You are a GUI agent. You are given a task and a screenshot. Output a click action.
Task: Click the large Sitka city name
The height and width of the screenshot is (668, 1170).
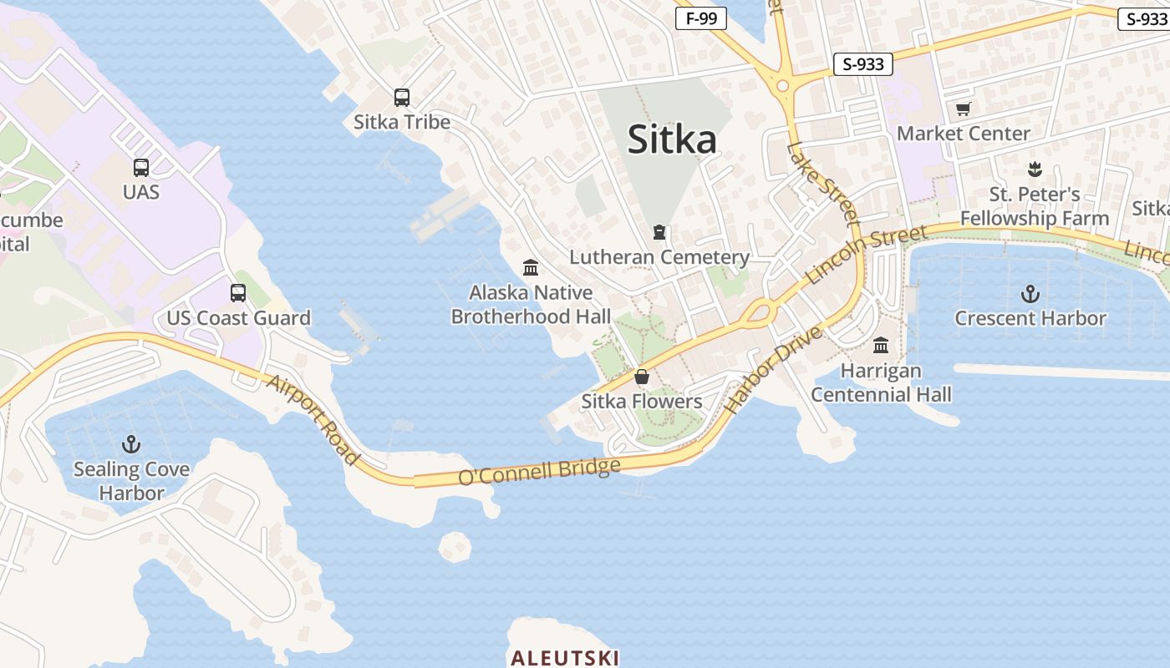click(x=672, y=139)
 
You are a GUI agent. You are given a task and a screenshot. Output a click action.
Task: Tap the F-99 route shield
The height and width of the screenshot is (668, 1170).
click(x=700, y=18)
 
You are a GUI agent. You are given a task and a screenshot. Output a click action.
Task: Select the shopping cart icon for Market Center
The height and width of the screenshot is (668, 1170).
click(x=964, y=109)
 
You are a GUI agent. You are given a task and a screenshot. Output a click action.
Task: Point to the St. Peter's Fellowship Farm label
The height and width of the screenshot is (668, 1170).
click(x=1034, y=206)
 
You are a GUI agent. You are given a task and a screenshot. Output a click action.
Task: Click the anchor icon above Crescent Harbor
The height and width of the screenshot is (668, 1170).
click(x=1030, y=294)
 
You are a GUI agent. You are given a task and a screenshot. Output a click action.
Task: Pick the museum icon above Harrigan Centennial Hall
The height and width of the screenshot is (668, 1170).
click(x=881, y=345)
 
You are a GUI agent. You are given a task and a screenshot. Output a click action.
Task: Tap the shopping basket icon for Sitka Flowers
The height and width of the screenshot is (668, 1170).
click(x=642, y=377)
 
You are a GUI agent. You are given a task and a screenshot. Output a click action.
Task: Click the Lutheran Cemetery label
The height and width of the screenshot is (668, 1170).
click(x=659, y=257)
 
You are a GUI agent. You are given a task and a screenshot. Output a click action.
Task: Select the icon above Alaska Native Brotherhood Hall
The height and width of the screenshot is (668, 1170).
click(x=531, y=268)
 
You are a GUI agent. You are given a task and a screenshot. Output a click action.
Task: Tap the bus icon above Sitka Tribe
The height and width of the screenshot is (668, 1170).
click(x=402, y=98)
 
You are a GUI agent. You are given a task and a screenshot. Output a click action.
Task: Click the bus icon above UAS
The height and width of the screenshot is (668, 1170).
click(x=141, y=168)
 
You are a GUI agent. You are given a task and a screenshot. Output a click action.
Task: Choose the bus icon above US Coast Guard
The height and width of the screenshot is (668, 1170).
click(x=238, y=293)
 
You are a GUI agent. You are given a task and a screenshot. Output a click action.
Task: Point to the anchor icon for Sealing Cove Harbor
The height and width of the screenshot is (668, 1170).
click(x=131, y=443)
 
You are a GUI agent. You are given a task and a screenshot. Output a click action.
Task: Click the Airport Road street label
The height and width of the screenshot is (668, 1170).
click(x=313, y=419)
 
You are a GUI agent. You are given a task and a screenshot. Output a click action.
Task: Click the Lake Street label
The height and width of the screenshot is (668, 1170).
click(x=822, y=185)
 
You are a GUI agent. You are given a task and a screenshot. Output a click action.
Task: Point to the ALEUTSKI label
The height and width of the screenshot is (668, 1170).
click(x=565, y=658)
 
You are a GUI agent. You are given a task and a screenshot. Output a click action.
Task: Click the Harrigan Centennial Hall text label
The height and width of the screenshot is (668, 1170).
click(x=881, y=382)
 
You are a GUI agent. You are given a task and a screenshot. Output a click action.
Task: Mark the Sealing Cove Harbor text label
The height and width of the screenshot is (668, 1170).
click(x=131, y=481)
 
